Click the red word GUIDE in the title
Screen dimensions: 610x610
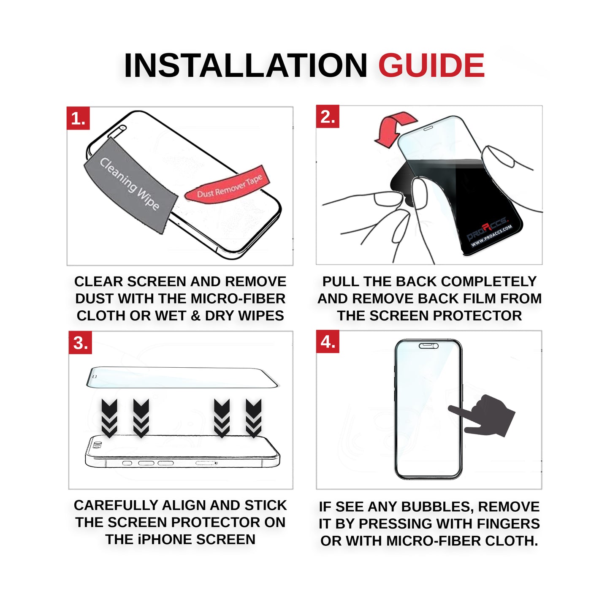pyautogui.click(x=431, y=65)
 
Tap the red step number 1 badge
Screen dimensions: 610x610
pyautogui.click(x=78, y=118)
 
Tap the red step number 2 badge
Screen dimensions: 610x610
pyautogui.click(x=327, y=117)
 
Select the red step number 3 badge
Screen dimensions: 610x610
pyautogui.click(x=80, y=342)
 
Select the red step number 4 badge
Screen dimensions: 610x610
pyautogui.click(x=327, y=342)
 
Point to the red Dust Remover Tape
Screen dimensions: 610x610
pyautogui.click(x=227, y=185)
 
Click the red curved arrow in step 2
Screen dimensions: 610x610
pyautogui.click(x=394, y=128)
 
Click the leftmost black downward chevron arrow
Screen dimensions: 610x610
pyautogui.click(x=109, y=418)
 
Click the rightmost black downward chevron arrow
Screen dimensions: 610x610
pyautogui.click(x=254, y=418)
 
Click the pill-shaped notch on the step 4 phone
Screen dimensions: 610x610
pyautogui.click(x=428, y=346)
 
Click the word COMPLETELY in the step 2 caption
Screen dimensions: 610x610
pyautogui.click(x=489, y=282)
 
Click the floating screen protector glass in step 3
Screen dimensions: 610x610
pyautogui.click(x=182, y=377)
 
